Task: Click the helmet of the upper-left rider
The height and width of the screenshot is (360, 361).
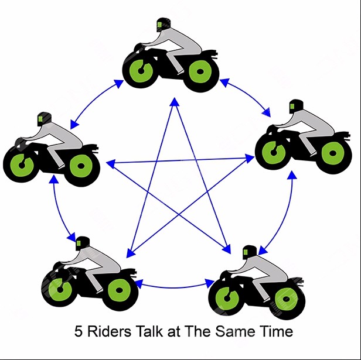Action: (42, 118)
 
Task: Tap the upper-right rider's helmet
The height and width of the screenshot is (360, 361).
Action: (295, 109)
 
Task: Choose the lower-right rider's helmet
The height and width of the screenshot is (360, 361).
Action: (249, 252)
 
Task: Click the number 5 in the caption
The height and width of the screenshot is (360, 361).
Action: (78, 332)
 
